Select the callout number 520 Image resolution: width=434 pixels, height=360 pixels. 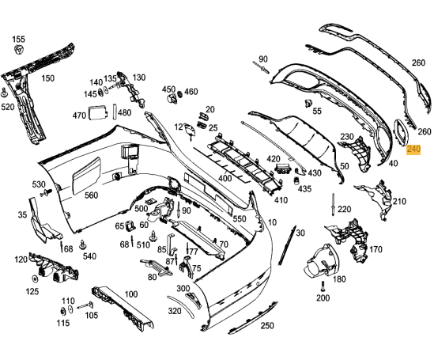click(7, 106)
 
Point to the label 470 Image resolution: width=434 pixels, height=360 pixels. click(79, 116)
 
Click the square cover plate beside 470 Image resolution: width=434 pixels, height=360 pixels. click(100, 112)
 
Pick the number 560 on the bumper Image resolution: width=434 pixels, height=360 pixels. click(91, 195)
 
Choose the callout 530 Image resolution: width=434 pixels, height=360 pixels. click(39, 184)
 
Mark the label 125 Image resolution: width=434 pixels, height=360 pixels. click(32, 292)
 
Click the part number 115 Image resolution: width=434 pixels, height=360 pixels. click(64, 323)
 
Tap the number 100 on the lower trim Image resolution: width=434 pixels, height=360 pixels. click(130, 294)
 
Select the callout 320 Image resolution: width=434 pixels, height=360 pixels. click(174, 311)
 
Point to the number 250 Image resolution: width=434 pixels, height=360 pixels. click(267, 325)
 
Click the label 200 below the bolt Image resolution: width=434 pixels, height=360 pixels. click(323, 298)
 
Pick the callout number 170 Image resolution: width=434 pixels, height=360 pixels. click(376, 249)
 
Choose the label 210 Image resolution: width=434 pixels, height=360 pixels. click(398, 202)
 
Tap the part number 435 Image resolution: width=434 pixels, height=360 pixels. click(304, 190)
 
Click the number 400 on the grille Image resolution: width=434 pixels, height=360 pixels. click(225, 179)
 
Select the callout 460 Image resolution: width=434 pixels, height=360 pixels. click(191, 92)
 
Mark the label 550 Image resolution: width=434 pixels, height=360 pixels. click(240, 218)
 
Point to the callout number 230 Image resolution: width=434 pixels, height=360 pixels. click(346, 137)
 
